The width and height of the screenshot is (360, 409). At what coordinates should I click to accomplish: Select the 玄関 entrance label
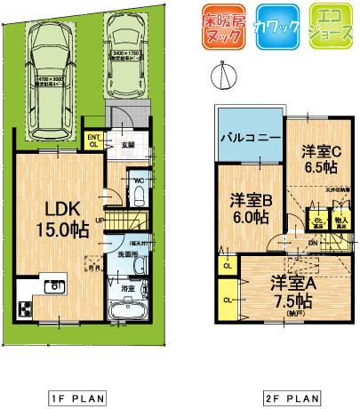tap(128, 144)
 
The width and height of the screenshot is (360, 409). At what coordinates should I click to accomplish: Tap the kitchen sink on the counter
tap(53, 286)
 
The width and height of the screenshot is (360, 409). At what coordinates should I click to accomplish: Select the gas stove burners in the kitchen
tap(23, 309)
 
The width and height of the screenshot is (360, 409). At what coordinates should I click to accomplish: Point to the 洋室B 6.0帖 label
tap(251, 209)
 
